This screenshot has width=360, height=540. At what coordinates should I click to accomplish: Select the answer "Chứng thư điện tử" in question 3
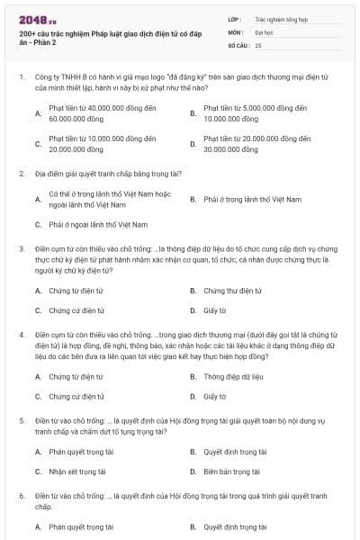[232, 291]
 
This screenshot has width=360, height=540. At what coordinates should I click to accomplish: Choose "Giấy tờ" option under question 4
[215, 396]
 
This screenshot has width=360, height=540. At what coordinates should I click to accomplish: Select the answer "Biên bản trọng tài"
[231, 471]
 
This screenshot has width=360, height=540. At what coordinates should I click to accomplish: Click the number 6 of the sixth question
[21, 496]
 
